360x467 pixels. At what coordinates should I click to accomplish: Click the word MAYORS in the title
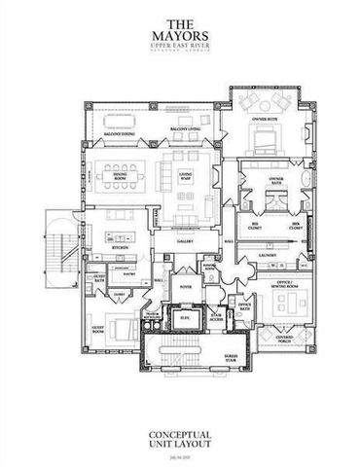tap(179, 34)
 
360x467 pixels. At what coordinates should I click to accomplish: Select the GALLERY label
tap(186, 240)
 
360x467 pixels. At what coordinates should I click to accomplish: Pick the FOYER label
tap(185, 287)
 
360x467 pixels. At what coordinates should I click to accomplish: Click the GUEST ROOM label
tap(97, 330)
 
